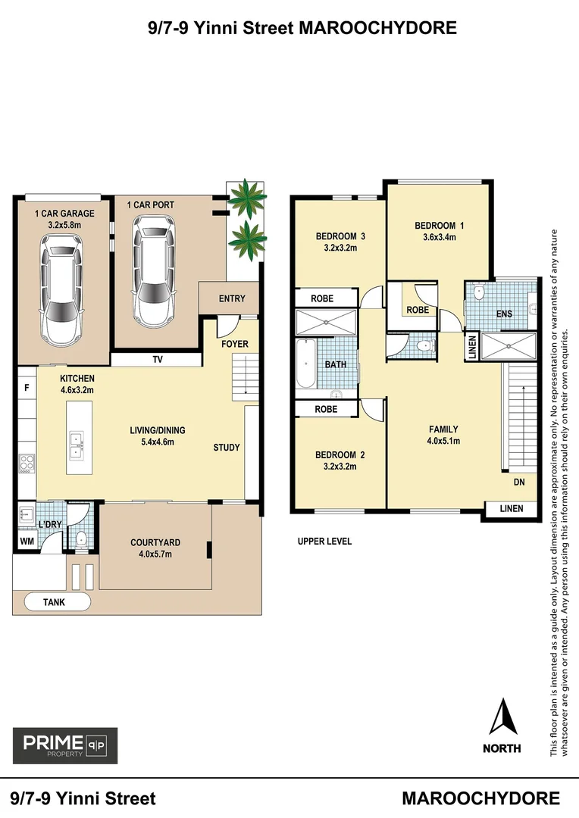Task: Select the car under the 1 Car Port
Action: point(155,270)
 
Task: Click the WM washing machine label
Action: point(26,542)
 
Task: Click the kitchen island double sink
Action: point(77,445)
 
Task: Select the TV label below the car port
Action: point(158,360)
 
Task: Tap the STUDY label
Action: point(226,448)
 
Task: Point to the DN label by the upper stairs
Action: point(519,482)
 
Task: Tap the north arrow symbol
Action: point(502,717)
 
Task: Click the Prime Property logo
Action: point(65,745)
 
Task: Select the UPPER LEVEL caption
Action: point(324,542)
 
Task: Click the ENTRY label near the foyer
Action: point(231,298)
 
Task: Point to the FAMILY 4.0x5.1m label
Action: point(443,435)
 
